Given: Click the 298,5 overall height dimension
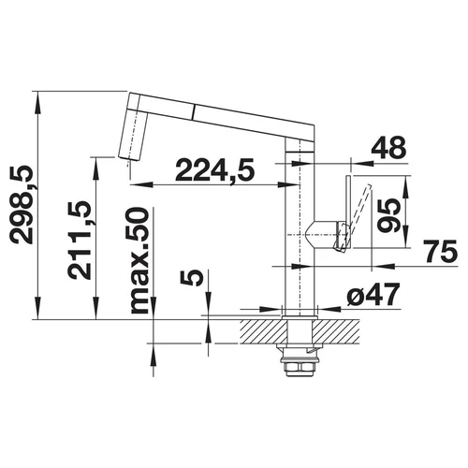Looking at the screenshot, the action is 22,204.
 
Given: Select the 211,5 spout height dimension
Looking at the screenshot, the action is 80,240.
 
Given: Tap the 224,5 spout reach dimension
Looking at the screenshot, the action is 214,170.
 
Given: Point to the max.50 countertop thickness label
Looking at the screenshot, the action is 139,260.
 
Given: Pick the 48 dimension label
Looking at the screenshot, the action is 388,148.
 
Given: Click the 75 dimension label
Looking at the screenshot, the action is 440,251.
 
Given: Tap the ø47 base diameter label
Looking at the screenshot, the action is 373,295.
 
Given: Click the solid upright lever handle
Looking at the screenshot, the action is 348,212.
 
